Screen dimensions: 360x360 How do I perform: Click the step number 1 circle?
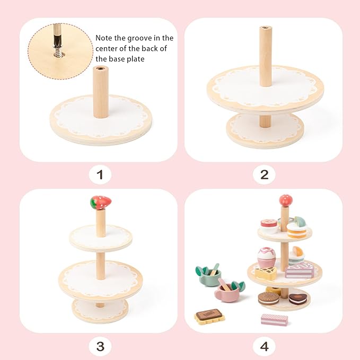pyautogui.click(x=100, y=174)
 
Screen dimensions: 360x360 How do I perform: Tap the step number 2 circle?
pyautogui.click(x=264, y=174)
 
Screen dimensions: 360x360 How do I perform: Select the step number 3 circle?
pyautogui.click(x=100, y=347)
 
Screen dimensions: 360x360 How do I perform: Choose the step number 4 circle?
pyautogui.click(x=264, y=347)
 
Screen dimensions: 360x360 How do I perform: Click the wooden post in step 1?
pyautogui.click(x=101, y=91)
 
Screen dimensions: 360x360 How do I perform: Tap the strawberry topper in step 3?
pyautogui.click(x=101, y=202)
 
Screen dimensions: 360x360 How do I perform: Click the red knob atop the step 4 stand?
pyautogui.click(x=286, y=200)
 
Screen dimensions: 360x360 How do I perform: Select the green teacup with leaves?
pyautogui.click(x=208, y=275)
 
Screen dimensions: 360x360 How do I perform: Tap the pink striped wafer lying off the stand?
pyautogui.click(x=274, y=319)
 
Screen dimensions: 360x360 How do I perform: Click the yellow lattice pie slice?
pyautogui.click(x=266, y=273)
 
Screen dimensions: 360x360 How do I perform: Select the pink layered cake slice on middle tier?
pyautogui.click(x=300, y=271)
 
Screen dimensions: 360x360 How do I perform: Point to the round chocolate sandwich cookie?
pyautogui.click(x=269, y=298)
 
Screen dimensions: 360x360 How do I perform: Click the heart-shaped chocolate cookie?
pyautogui.click(x=297, y=298)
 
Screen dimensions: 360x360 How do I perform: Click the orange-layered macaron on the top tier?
pyautogui.click(x=296, y=230)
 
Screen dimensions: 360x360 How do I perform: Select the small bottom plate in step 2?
pyautogui.click(x=265, y=130)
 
